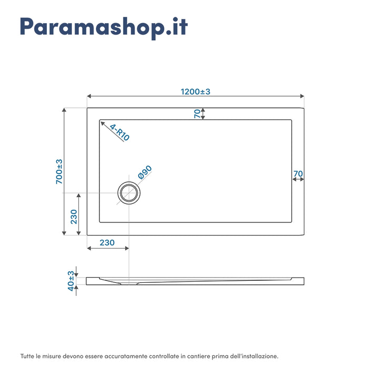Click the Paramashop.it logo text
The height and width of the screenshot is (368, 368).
(x=104, y=27)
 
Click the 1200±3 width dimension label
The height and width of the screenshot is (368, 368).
(x=196, y=91)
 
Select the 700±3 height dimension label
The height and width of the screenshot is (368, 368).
(x=59, y=171)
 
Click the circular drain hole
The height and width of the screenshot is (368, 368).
(x=129, y=193)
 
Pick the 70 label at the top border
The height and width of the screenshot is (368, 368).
(x=197, y=114)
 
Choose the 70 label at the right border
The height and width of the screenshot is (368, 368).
(x=298, y=173)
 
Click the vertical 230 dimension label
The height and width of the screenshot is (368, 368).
(x=74, y=217)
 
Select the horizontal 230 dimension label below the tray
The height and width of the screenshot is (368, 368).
(x=107, y=242)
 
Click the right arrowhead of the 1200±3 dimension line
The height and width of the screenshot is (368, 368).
(x=302, y=97)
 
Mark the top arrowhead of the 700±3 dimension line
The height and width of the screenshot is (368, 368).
(x=65, y=110)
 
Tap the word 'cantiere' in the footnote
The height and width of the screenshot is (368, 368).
(x=194, y=356)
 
